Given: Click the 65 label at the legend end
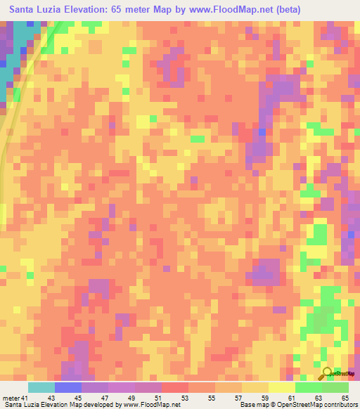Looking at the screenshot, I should pyautogui.click(x=345, y=397).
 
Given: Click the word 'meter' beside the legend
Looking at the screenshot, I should pyautogui.click(x=12, y=397).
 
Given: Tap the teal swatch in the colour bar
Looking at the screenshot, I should pyautogui.click(x=41, y=387).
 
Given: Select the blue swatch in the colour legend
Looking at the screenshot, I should pyautogui.click(x=67, y=387).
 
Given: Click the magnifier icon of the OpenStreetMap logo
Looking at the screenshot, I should pyautogui.click(x=327, y=373).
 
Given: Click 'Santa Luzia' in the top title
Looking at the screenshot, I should pyautogui.click(x=36, y=10).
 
